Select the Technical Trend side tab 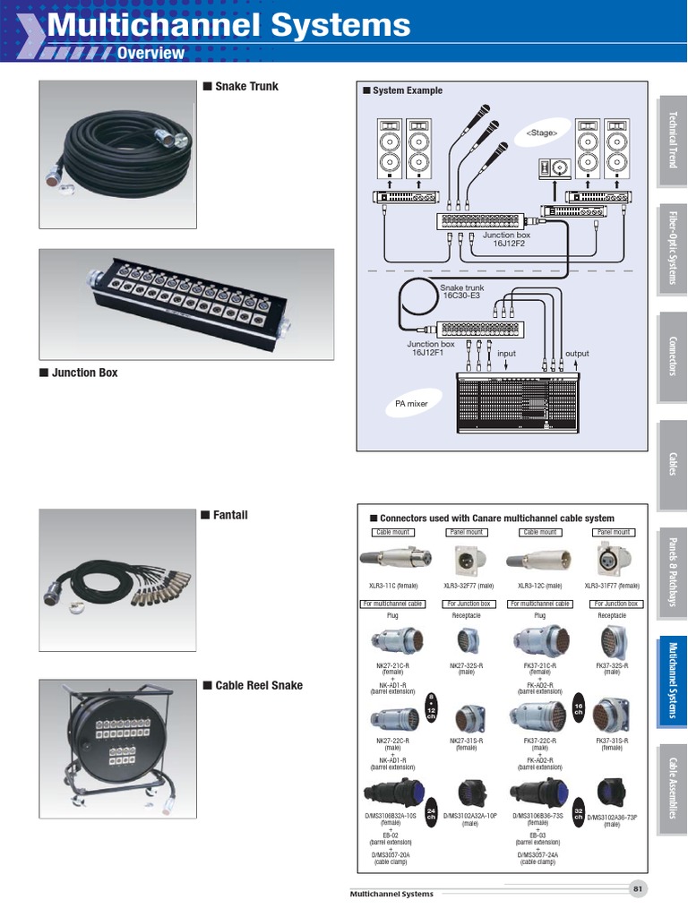pos(673,140)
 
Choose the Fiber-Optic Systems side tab pos(673,248)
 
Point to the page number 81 pos(638,888)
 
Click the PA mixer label pos(412,404)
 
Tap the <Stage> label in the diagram pos(542,133)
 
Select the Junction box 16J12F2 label pos(506,238)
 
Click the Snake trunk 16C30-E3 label pos(461,292)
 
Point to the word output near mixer pos(577,354)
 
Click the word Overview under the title pos(150,53)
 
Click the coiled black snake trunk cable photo pos(117,151)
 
